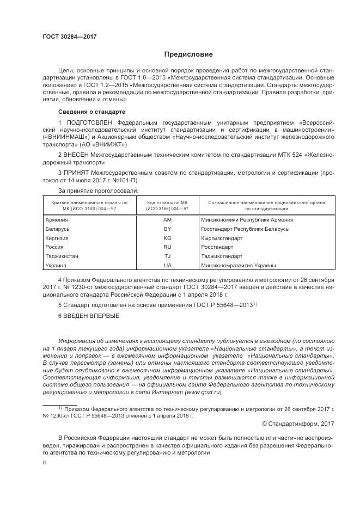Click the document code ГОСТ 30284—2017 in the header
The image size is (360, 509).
(x=70, y=38)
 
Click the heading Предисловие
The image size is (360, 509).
(x=188, y=54)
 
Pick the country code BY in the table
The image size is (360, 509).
(x=167, y=229)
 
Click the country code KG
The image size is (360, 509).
(x=167, y=238)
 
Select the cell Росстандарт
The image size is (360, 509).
(x=218, y=247)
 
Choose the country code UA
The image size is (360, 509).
(x=167, y=265)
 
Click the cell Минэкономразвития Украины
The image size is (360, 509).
(x=238, y=265)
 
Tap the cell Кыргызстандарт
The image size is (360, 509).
(x=222, y=238)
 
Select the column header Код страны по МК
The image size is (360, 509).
(x=168, y=202)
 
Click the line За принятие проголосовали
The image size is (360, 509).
(x=98, y=191)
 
